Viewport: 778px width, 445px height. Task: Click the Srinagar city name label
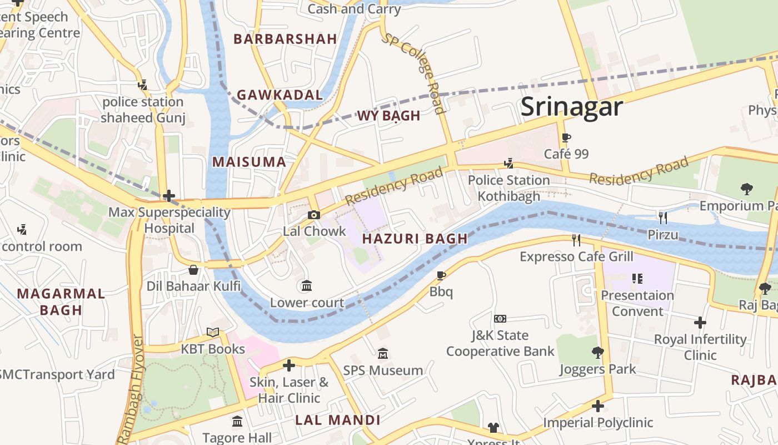572,106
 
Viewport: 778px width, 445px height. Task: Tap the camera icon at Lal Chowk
314,215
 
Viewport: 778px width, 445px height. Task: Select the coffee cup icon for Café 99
566,138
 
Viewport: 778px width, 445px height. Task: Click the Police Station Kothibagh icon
508,164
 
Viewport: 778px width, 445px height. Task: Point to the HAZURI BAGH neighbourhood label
415,239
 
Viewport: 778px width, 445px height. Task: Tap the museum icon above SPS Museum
383,354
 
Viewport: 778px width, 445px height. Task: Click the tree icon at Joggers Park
597,352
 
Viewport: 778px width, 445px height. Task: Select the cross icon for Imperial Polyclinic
598,406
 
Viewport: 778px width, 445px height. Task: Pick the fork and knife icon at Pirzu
662,217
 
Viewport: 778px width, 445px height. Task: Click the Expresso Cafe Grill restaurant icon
576,240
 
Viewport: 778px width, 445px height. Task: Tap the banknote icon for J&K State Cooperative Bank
500,319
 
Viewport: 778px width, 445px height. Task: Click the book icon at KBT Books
213,332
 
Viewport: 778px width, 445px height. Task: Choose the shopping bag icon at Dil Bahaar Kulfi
193,270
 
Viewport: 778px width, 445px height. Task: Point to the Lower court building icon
306,286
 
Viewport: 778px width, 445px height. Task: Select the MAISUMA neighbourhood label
249,162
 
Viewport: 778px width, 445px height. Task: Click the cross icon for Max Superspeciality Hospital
169,196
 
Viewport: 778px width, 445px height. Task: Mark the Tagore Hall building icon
237,421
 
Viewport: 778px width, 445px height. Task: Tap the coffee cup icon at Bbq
441,275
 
